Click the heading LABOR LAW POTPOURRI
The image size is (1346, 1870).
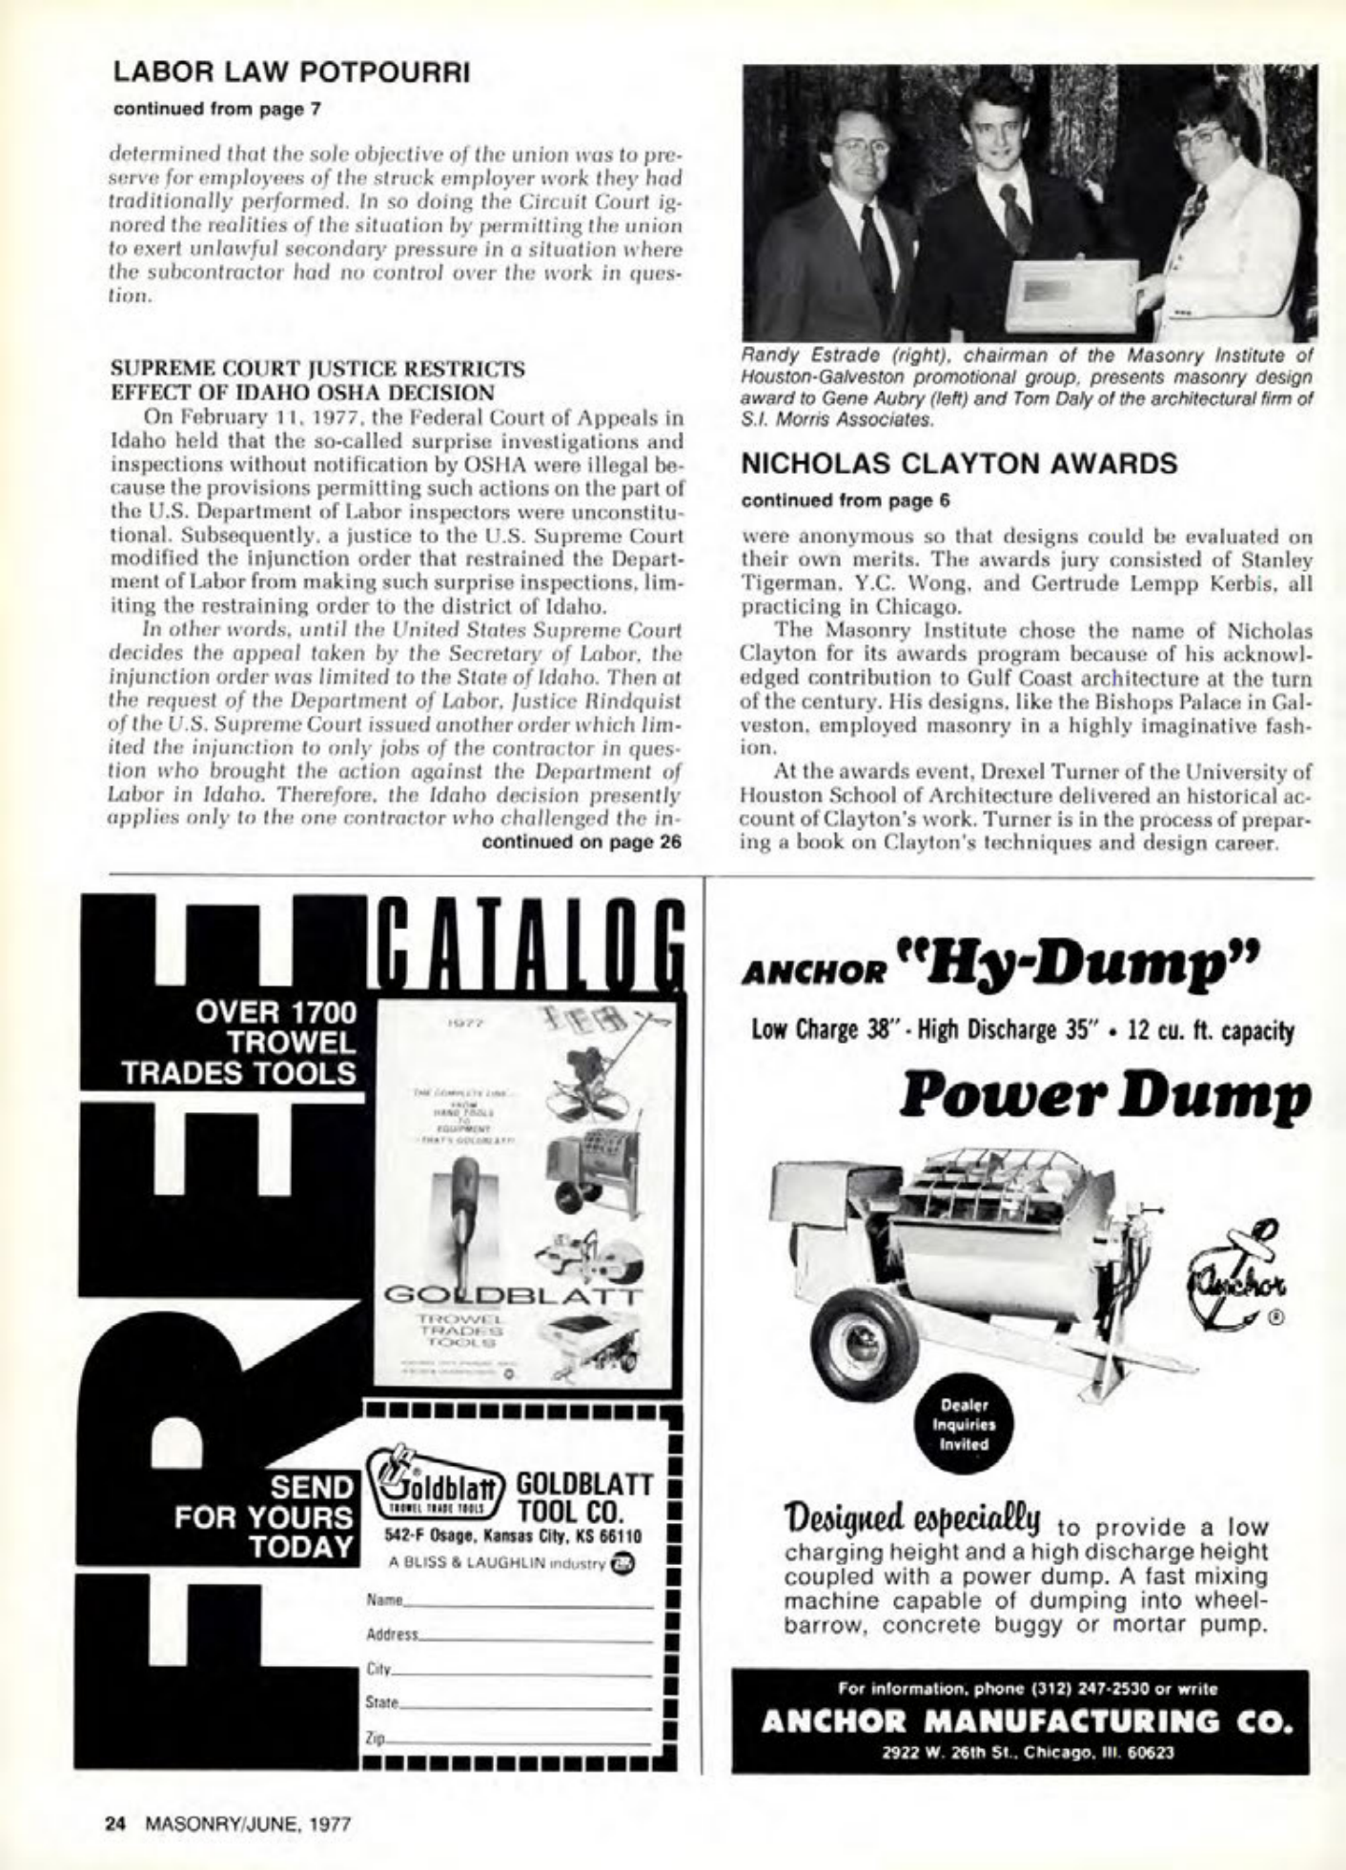pos(291,73)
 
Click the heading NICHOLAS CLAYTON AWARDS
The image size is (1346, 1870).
pos(959,464)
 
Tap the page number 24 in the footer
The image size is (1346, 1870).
pos(115,1824)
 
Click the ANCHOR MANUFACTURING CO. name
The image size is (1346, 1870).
pos(1020,1722)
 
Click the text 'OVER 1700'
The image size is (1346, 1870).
pos(275,1011)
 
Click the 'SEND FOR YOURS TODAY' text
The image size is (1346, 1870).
pos(262,1515)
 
